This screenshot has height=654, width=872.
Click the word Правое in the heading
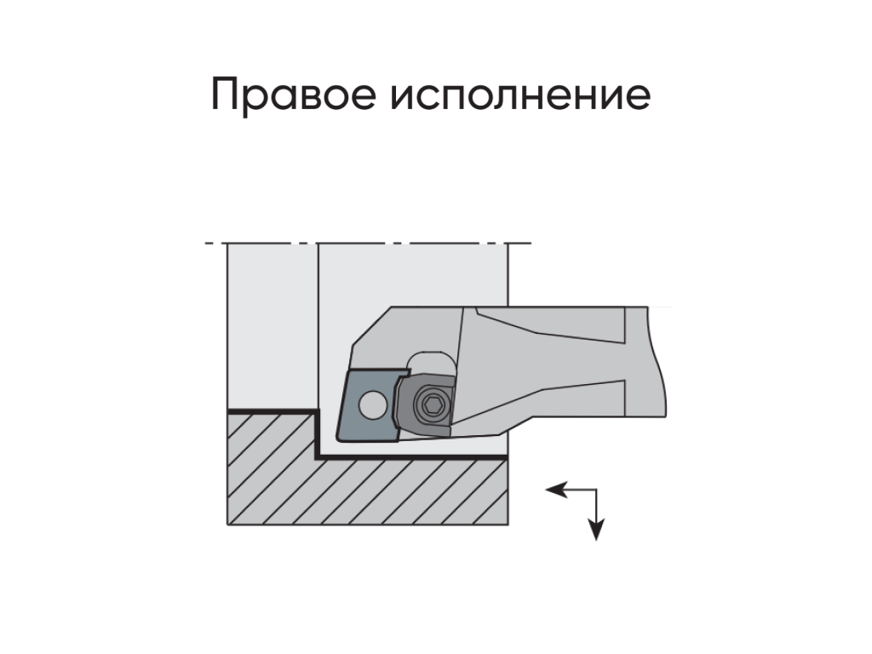pos(294,95)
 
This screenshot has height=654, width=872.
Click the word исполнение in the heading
pos(520,95)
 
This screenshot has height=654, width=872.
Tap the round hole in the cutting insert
pos(373,404)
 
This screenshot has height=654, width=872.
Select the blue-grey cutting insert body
pos(368,404)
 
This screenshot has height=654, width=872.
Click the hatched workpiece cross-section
pos(367,479)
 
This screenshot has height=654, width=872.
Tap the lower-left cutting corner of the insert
pos(338,439)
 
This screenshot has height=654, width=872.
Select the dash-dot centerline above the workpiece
pos(368,244)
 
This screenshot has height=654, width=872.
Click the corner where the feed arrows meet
pos(596,490)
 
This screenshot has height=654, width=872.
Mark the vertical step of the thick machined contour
pos(318,434)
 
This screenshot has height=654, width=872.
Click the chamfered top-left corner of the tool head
pos(371,326)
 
